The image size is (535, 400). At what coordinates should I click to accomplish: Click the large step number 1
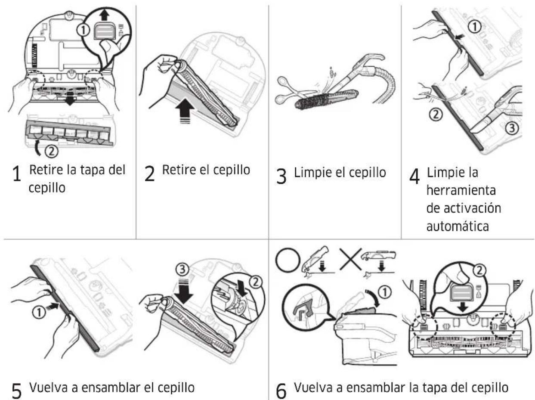(x=17, y=174)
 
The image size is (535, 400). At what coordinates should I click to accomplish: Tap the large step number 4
(x=414, y=176)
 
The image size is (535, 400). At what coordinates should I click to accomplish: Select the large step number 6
(x=281, y=391)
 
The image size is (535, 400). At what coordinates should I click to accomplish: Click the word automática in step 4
(x=458, y=226)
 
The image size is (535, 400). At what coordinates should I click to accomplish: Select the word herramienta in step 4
(x=461, y=190)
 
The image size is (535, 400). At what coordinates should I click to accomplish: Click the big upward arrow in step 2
(x=185, y=110)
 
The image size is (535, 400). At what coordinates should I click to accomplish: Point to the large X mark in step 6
(x=350, y=259)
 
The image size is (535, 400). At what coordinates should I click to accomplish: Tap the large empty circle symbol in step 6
(x=288, y=260)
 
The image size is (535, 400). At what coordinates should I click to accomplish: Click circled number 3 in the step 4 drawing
(x=512, y=128)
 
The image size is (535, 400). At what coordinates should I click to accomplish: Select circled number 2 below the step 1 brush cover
(x=51, y=152)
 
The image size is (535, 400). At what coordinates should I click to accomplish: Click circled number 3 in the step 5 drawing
(x=182, y=270)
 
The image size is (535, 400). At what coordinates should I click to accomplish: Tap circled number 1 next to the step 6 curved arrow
(x=385, y=292)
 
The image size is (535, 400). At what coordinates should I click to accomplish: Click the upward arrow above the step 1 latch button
(x=105, y=15)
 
